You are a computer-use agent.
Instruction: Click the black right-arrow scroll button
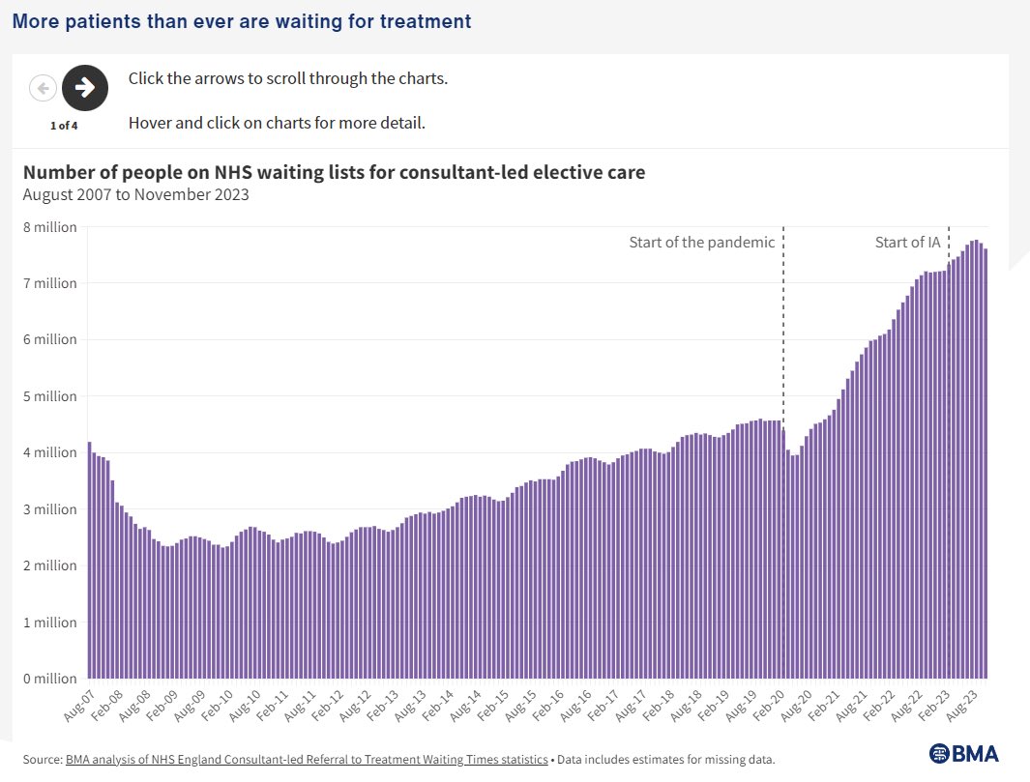pos(85,88)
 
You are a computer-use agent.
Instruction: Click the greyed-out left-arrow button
pos(43,88)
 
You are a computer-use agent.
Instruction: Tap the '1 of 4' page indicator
pos(64,125)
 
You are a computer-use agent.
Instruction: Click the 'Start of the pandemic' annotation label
pos(701,243)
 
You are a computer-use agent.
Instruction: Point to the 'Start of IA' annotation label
pos(907,243)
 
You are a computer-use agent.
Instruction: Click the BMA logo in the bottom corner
pos(963,754)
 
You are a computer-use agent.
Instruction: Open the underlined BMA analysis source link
pos(306,760)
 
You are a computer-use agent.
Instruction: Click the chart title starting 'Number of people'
pos(334,173)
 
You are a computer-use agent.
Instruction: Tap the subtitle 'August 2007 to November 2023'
pos(135,194)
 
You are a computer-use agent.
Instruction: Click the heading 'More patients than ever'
pos(242,20)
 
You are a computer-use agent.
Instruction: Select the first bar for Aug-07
pos(90,560)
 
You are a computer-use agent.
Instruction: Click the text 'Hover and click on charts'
pos(277,123)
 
